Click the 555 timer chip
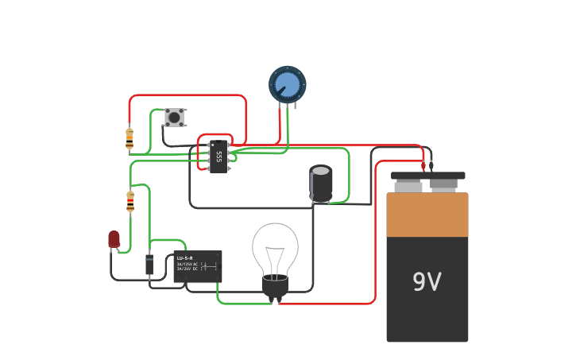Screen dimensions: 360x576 [218, 157]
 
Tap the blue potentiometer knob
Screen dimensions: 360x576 [287, 84]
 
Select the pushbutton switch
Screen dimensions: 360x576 [174, 118]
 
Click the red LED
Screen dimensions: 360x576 [114, 238]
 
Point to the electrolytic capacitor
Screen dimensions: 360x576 [321, 184]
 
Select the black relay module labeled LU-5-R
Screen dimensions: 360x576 [197, 266]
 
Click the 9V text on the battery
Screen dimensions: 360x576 [427, 282]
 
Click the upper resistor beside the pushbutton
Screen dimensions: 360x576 [130, 138]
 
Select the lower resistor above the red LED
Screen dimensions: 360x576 [130, 202]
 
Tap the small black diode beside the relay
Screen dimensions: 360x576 [149, 265]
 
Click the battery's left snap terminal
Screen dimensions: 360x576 [408, 186]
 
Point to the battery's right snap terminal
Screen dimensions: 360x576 [443, 186]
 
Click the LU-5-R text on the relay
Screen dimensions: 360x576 [184, 258]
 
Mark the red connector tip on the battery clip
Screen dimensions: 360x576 [423, 167]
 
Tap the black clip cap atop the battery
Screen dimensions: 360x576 [427, 176]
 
